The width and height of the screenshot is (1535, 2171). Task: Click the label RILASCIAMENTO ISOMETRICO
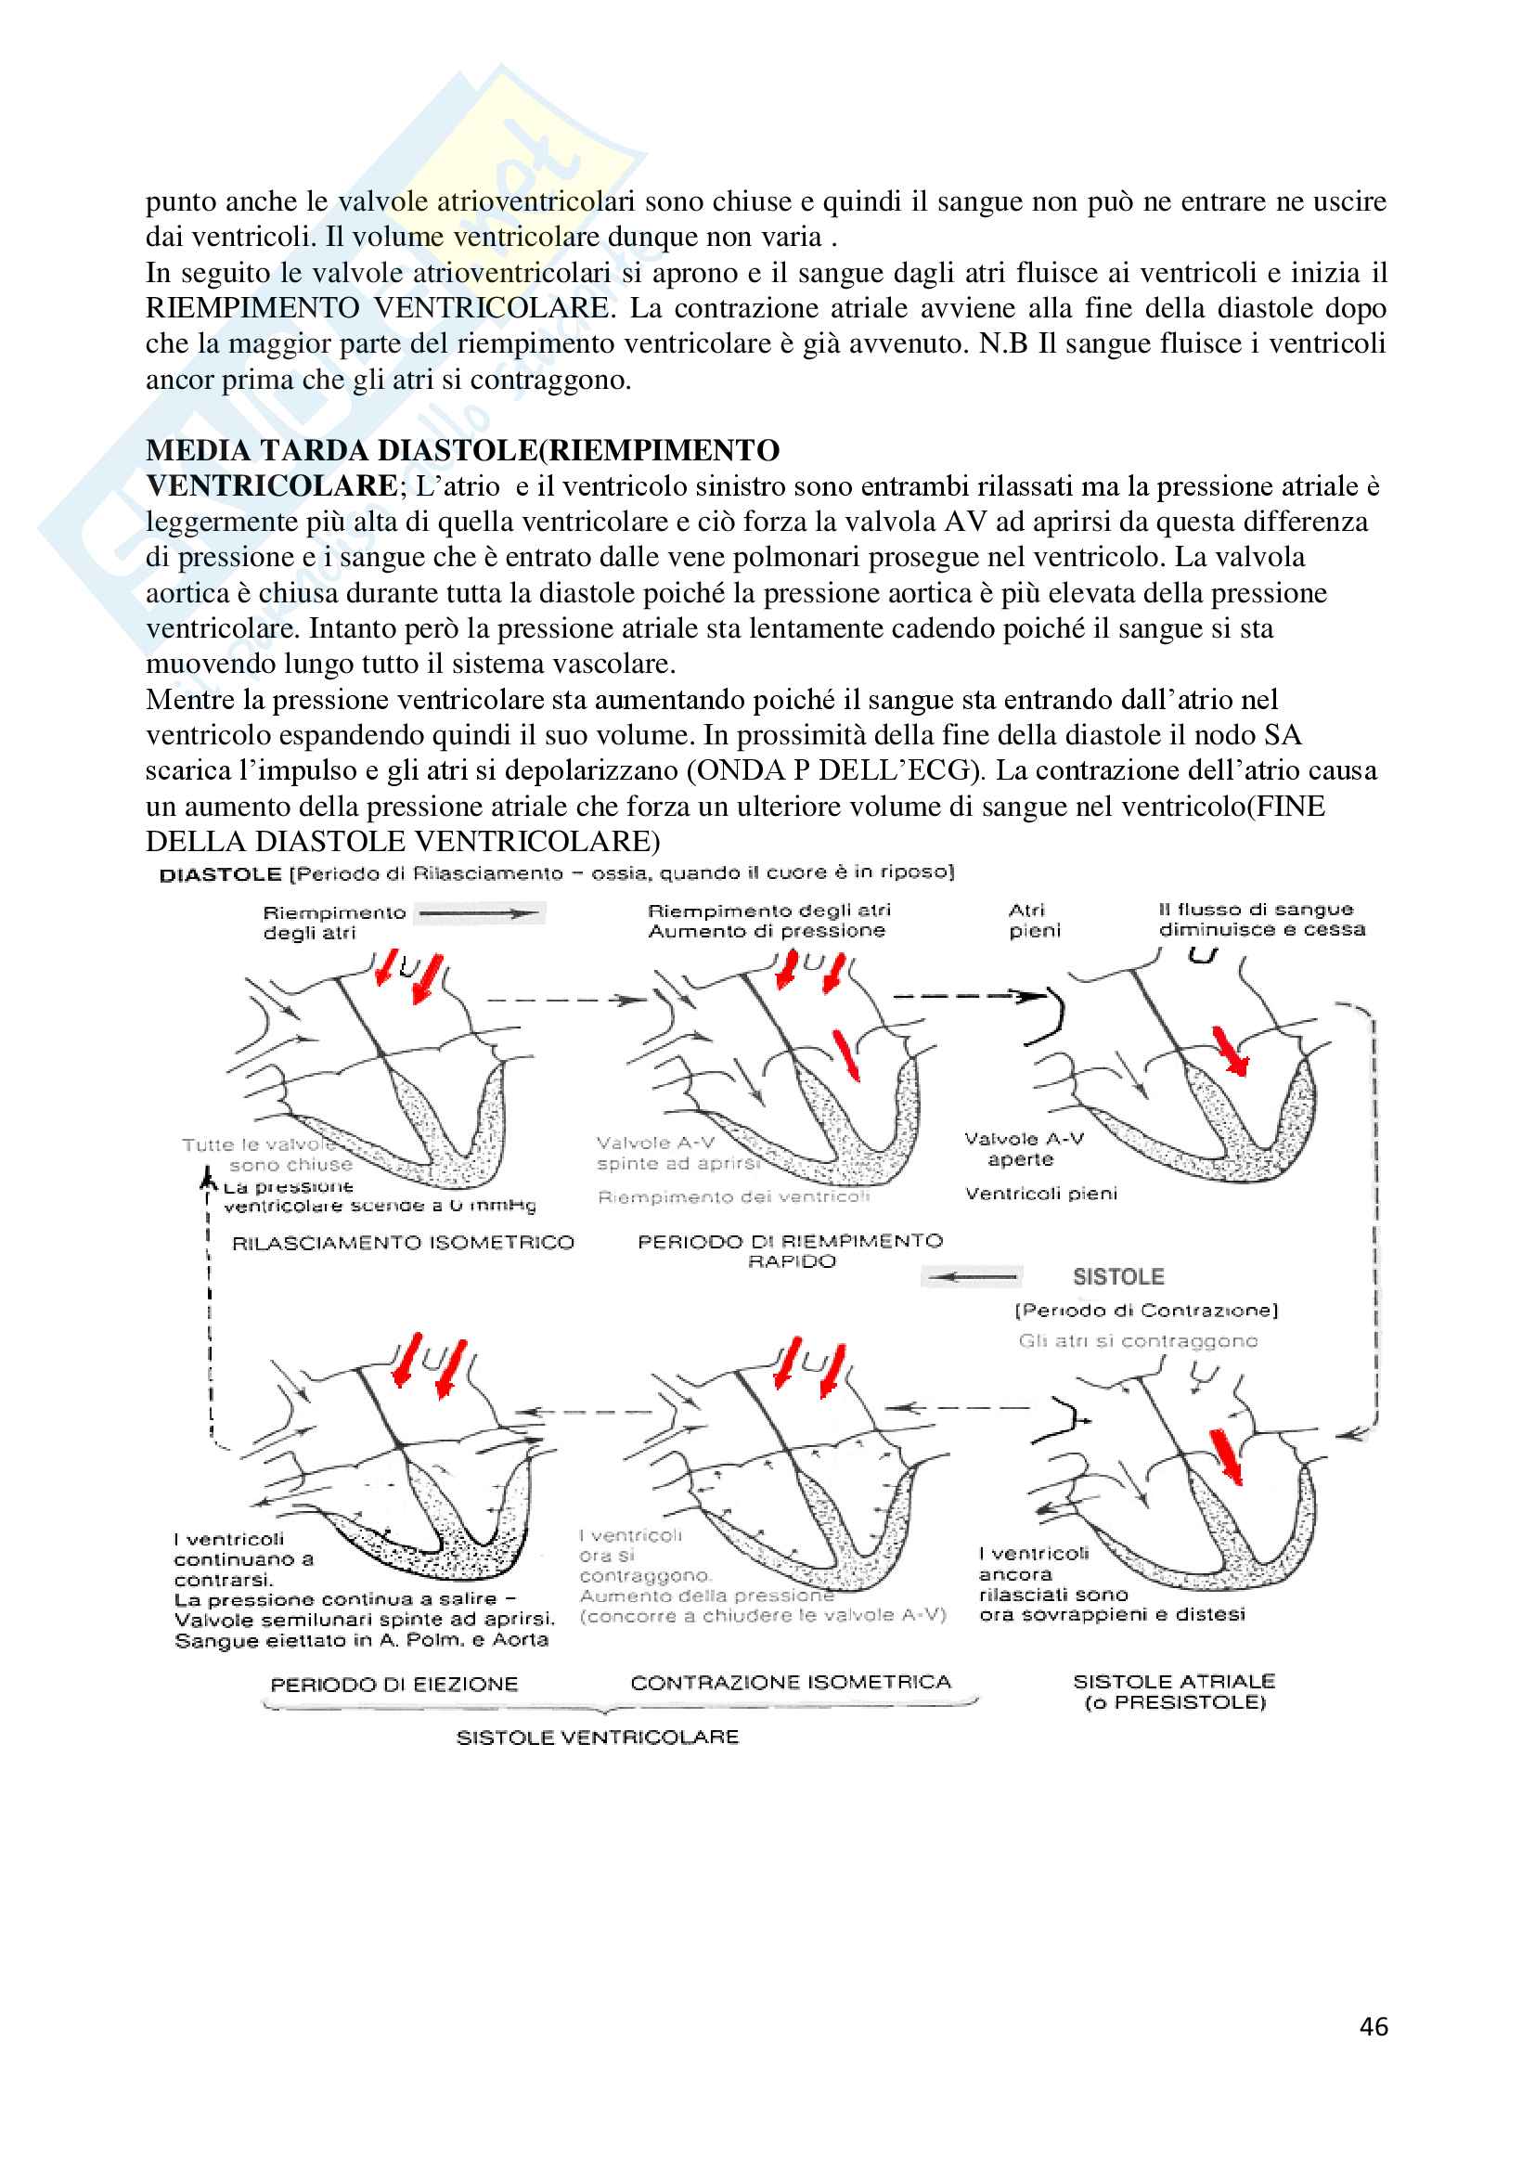(x=403, y=1243)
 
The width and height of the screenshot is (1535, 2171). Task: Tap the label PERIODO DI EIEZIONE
(x=394, y=1684)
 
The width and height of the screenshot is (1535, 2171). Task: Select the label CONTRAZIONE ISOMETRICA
(x=790, y=1682)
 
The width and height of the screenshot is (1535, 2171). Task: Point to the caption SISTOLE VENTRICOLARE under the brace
(x=598, y=1737)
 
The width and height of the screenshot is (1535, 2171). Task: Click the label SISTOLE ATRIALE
(x=1174, y=1681)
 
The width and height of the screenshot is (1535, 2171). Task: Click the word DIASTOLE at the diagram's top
(x=220, y=874)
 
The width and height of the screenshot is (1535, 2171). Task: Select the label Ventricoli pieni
(x=1040, y=1194)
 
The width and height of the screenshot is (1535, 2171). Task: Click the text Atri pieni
(x=1034, y=920)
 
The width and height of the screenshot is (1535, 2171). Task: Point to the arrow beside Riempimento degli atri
(x=479, y=913)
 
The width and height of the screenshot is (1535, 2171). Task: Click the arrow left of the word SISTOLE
(x=972, y=1277)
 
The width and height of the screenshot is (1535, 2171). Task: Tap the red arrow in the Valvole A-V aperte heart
(x=1231, y=1051)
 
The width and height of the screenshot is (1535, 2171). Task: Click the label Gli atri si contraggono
(x=1137, y=1341)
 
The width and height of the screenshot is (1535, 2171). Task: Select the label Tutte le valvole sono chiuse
(x=267, y=1155)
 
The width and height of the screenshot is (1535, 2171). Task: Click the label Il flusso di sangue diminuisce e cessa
(x=1261, y=919)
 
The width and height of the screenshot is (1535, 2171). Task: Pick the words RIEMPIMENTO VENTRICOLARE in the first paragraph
(x=378, y=308)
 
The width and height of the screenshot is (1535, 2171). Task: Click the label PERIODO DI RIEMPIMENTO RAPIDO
(x=790, y=1250)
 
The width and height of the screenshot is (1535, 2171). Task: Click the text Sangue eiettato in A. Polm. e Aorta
(x=361, y=1639)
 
